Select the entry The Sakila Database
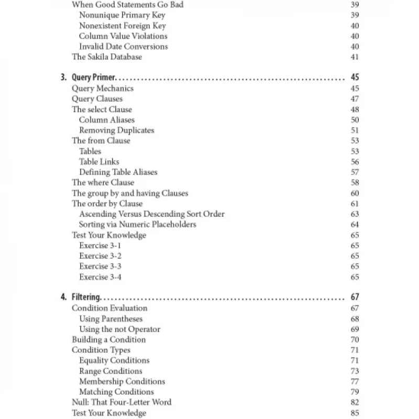click(x=107, y=57)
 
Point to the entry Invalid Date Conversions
click(x=124, y=46)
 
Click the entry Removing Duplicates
click(x=117, y=130)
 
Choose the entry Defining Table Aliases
click(x=118, y=172)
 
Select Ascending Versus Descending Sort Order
click(x=152, y=214)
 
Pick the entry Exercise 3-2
click(x=101, y=256)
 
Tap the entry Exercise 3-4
click(x=101, y=277)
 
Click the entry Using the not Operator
click(x=120, y=329)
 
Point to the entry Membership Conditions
click(x=122, y=381)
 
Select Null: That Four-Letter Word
click(x=122, y=402)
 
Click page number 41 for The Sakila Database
click(x=355, y=57)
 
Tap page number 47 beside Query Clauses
click(x=355, y=98)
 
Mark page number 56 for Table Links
click(x=355, y=161)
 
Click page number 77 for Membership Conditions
click(x=355, y=381)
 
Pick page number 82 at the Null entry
click(x=355, y=402)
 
